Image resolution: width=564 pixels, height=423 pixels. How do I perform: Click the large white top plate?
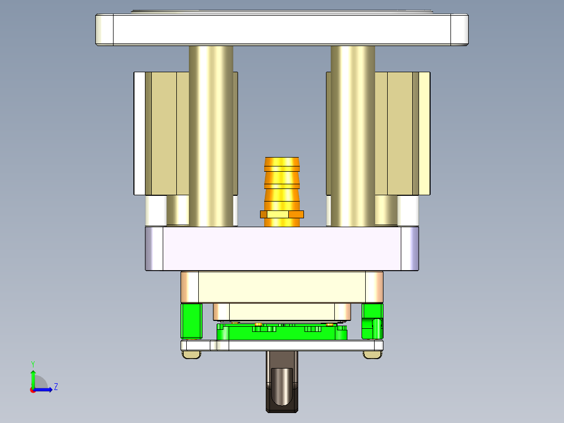click(x=281, y=29)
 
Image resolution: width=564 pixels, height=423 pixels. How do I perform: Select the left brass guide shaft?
click(x=211, y=136)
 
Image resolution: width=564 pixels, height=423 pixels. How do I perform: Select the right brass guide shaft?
click(x=353, y=136)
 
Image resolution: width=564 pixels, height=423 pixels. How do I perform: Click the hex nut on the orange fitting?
click(x=282, y=214)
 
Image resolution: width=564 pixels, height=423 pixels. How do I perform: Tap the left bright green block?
click(x=191, y=320)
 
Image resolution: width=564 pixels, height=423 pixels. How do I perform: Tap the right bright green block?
click(x=372, y=320)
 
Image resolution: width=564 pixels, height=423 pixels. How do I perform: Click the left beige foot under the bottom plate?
click(x=191, y=355)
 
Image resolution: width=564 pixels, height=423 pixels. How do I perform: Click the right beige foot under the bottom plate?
click(x=372, y=355)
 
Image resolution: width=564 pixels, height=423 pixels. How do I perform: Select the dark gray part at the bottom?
click(x=282, y=387)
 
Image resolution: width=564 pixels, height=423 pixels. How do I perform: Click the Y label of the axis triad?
click(x=33, y=363)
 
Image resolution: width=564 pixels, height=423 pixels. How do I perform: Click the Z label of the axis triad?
click(x=55, y=387)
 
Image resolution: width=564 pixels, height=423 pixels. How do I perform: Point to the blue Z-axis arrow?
click(x=45, y=389)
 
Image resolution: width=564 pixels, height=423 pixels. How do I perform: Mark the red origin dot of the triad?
click(x=33, y=389)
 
